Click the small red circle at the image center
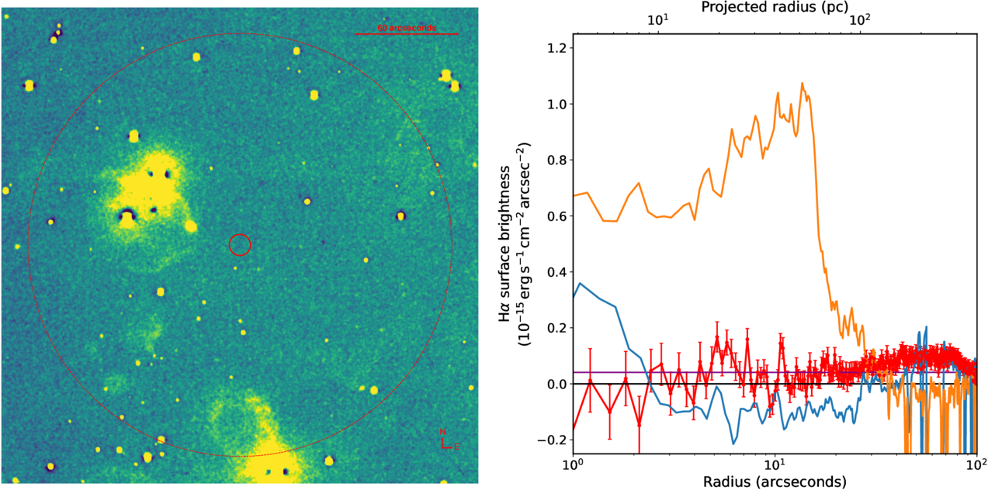[240, 245]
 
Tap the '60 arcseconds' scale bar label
[407, 28]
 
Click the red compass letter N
[443, 432]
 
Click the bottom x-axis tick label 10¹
[775, 464]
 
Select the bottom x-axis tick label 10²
[976, 464]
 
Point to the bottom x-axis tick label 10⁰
[573, 464]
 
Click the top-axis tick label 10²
[860, 21]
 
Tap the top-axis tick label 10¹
[658, 21]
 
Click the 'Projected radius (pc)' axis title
[774, 8]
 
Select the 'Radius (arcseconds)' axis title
[774, 481]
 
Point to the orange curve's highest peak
[803, 83]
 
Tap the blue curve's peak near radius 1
[580, 283]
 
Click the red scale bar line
[407, 34]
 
